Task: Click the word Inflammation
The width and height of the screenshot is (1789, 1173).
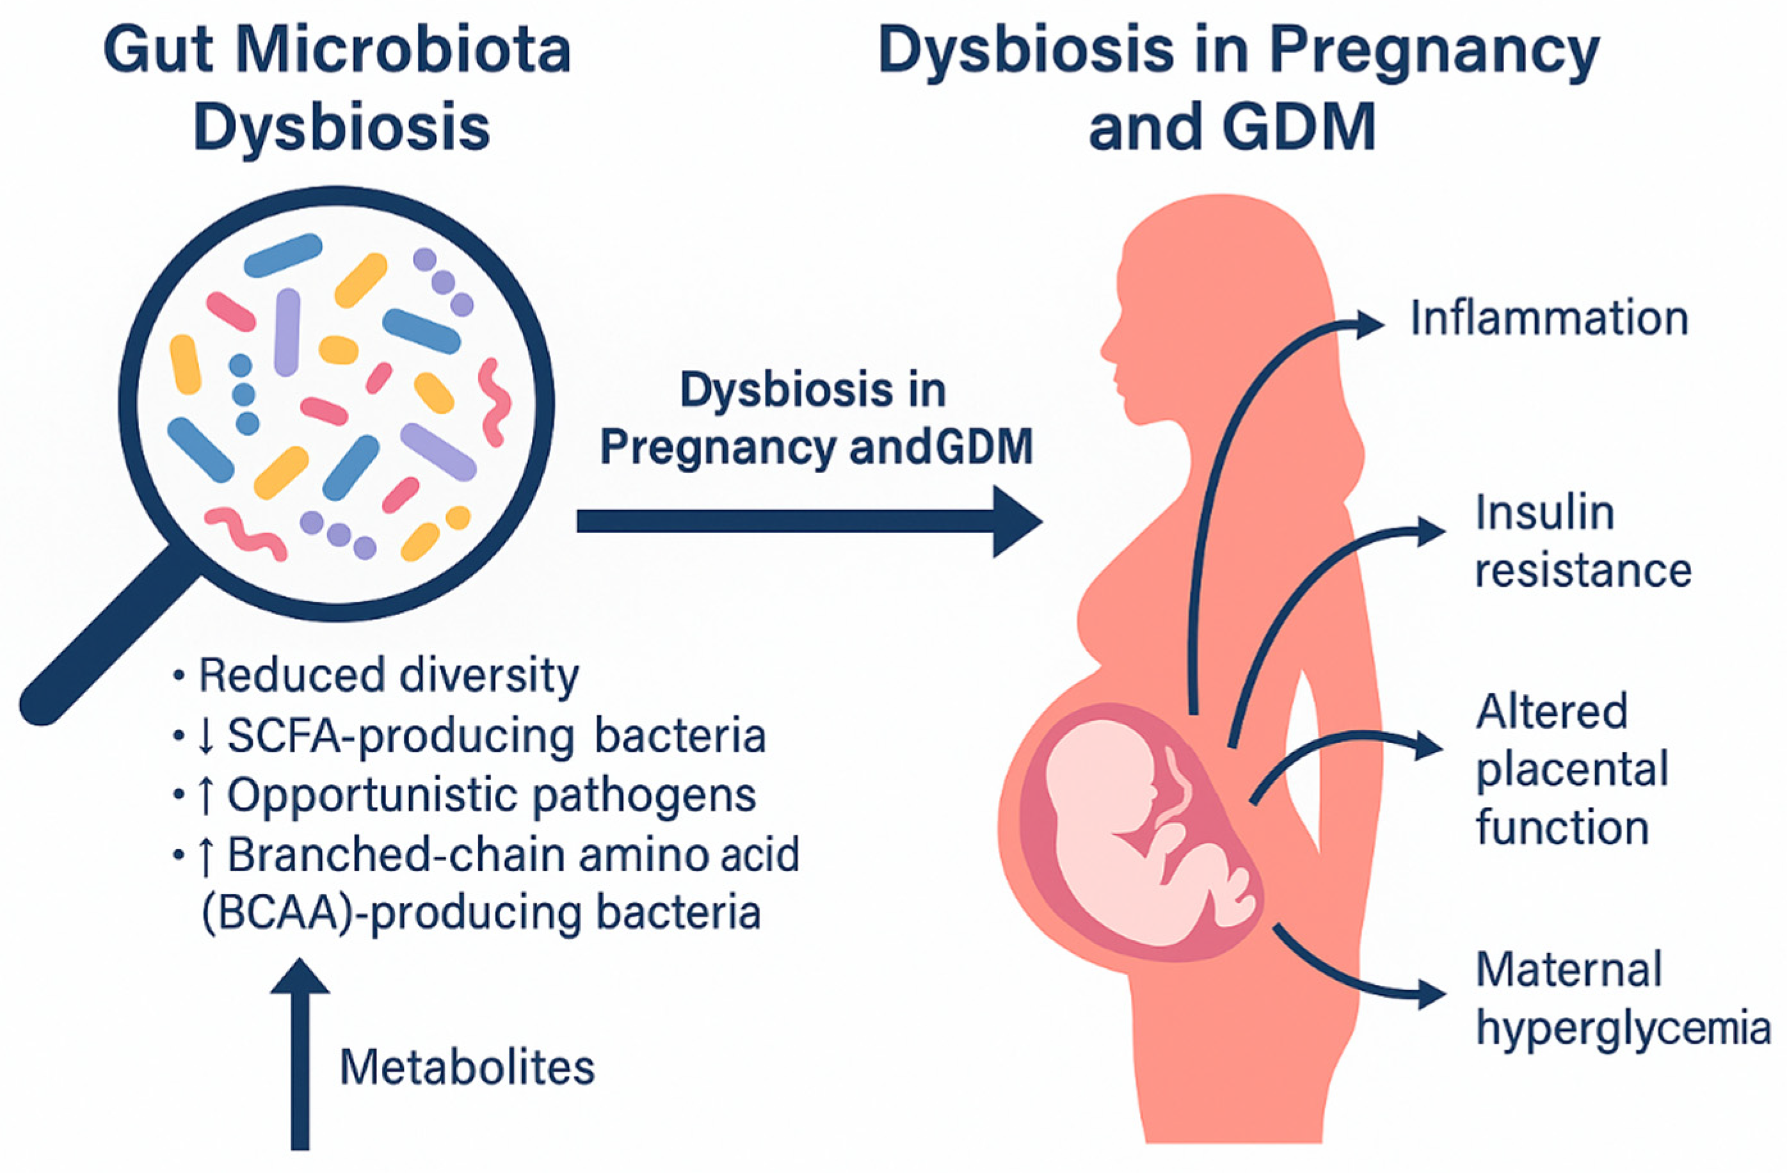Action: (1548, 319)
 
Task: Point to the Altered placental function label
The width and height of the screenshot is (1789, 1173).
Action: (1571, 770)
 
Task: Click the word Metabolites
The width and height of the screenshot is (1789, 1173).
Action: (467, 1067)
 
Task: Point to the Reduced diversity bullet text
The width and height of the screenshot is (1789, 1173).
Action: (388, 676)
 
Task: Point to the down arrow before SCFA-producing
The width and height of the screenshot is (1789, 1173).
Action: (204, 737)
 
